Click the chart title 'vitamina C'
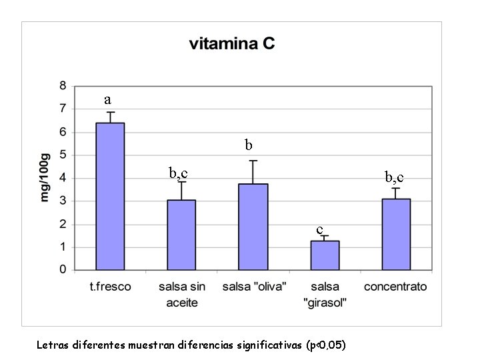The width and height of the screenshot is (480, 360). [x=232, y=45]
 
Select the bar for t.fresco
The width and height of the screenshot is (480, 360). [x=111, y=197]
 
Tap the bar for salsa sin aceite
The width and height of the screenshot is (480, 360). [x=181, y=235]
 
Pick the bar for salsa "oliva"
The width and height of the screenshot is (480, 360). [x=253, y=227]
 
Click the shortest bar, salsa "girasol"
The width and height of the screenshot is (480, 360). [x=325, y=255]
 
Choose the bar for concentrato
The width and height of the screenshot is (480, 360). [x=396, y=234]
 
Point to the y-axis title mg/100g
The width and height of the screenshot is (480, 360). [x=45, y=177]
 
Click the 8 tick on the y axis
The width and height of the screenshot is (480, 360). [x=63, y=86]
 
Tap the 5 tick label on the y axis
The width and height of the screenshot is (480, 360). [x=63, y=155]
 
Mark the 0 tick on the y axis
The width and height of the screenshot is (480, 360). [x=63, y=270]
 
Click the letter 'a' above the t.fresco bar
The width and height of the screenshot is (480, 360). [x=107, y=100]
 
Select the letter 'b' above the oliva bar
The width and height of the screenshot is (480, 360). [x=248, y=144]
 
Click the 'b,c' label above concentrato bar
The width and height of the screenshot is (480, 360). [x=394, y=177]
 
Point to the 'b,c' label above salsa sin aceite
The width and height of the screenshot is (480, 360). [x=178, y=173]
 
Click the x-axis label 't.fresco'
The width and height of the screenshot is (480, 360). [x=111, y=287]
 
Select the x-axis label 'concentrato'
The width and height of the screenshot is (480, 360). [x=395, y=287]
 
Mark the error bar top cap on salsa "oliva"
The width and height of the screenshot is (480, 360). [x=253, y=161]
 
